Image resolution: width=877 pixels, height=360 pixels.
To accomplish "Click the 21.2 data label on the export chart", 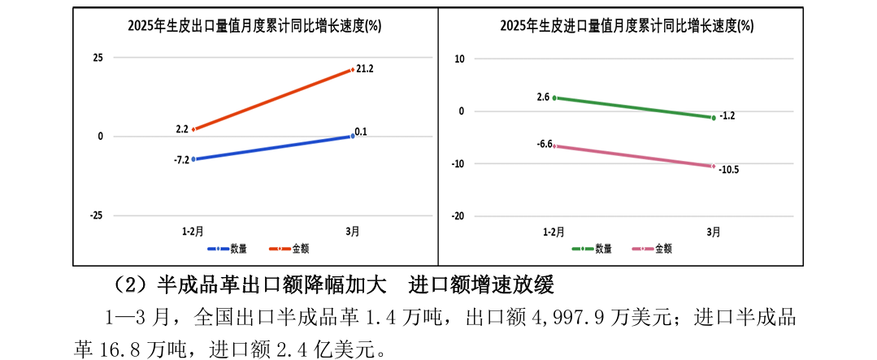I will click(364, 69).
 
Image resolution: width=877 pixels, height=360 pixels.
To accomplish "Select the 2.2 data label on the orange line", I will click(181, 129).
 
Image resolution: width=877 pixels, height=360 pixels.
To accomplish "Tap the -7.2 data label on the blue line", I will click(181, 160).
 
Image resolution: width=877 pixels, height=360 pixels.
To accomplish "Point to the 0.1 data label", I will click(361, 132).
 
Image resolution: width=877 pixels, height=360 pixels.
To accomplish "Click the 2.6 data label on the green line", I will click(543, 97).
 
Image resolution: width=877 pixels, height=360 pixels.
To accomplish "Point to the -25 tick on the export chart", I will click(96, 215).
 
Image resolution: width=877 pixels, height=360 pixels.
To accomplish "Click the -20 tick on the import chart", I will click(458, 216).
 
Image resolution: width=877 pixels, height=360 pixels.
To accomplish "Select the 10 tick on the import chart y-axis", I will click(459, 59).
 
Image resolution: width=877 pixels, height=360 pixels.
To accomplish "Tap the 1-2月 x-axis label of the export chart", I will click(193, 232).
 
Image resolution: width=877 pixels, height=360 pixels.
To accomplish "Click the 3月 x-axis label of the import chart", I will click(713, 232).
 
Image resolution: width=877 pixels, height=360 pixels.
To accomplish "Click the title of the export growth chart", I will click(254, 25).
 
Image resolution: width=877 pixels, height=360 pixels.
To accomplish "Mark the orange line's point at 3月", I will click(353, 70).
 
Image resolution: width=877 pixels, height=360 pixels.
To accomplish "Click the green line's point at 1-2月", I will click(554, 98).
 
